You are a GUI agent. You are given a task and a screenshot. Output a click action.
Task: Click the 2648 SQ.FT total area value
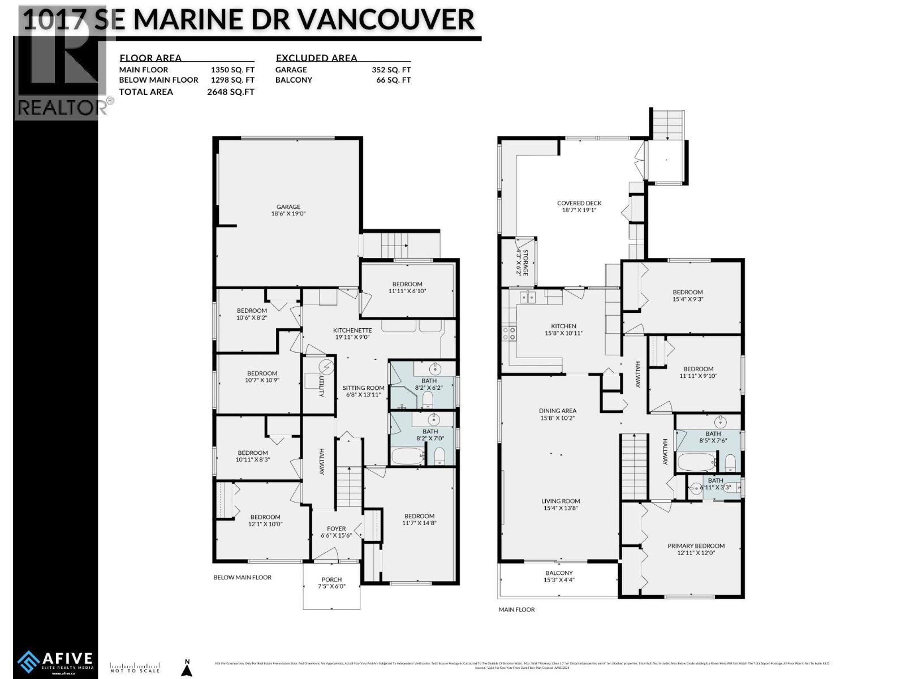[231, 92]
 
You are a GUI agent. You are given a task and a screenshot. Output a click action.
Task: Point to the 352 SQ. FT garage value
[391, 70]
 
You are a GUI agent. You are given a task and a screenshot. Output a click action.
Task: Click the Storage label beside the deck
[525, 262]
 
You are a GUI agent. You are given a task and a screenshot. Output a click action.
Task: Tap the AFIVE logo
[55, 660]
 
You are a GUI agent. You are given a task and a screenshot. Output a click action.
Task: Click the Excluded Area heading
[316, 58]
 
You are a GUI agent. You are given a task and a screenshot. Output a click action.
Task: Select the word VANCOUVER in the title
[386, 19]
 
